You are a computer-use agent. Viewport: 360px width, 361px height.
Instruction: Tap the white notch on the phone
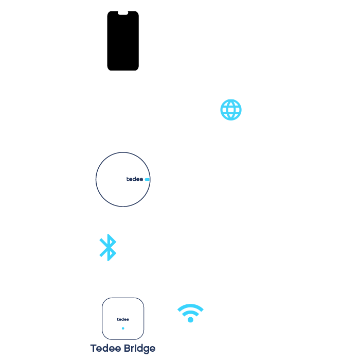[x=123, y=13]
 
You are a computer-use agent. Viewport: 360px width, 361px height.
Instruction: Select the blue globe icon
[x=231, y=110]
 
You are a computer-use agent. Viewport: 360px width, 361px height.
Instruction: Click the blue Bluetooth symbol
[x=108, y=248]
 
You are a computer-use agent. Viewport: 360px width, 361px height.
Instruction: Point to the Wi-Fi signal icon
[x=190, y=313]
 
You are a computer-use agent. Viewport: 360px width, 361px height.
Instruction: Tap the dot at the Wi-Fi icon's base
[x=190, y=320]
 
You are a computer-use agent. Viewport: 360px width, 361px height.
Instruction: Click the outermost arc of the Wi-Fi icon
[x=190, y=306]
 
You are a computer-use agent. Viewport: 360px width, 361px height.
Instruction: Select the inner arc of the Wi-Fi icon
[x=190, y=313]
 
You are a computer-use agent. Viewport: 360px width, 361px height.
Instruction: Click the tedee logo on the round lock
[x=134, y=179]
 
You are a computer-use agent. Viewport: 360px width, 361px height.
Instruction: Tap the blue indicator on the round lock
[x=147, y=180]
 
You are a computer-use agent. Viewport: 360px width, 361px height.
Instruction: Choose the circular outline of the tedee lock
[x=96, y=179]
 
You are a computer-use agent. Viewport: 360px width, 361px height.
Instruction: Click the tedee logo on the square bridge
[x=123, y=319]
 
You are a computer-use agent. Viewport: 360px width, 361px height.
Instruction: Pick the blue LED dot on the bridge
[x=123, y=328]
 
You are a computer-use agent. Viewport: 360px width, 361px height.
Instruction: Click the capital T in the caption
[x=94, y=349]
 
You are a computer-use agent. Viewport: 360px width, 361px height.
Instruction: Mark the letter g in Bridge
[x=146, y=350]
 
